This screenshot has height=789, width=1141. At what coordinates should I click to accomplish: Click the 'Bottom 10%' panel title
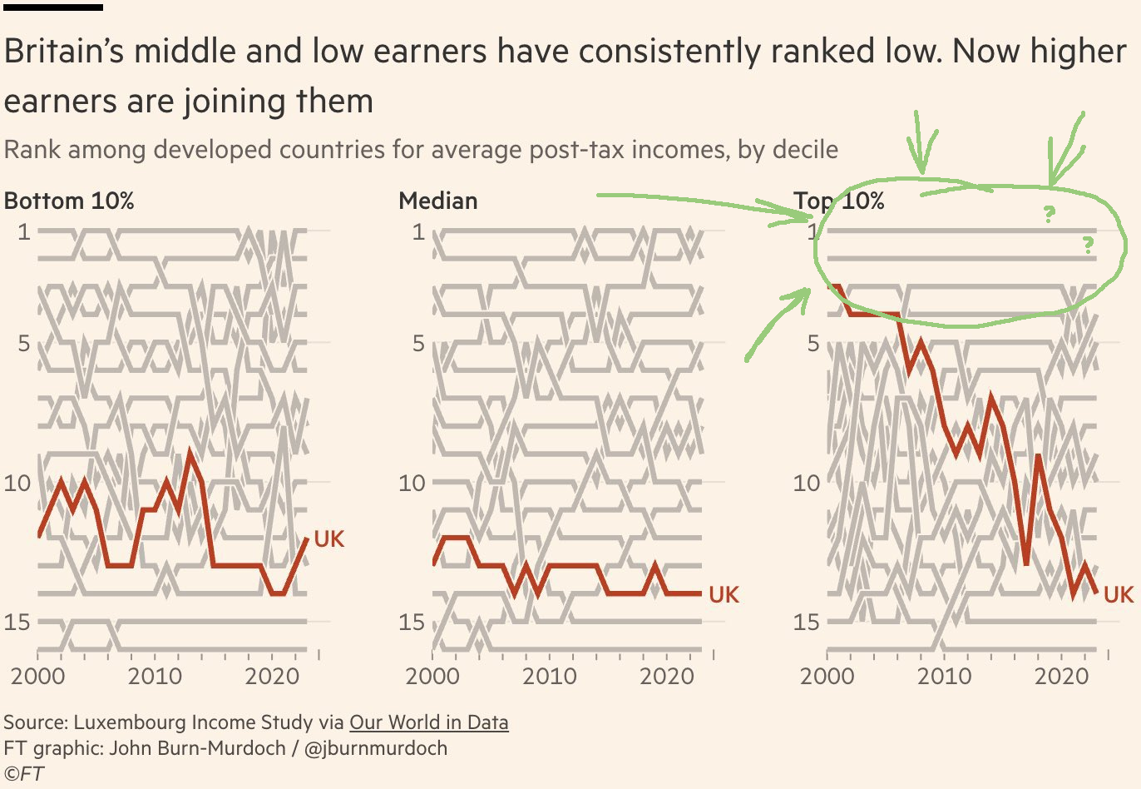click(x=69, y=201)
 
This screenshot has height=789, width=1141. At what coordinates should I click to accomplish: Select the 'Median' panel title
click(x=438, y=201)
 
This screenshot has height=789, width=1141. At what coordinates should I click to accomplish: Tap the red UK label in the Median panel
click(x=724, y=594)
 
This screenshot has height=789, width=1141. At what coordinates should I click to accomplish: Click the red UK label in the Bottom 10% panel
click(x=328, y=538)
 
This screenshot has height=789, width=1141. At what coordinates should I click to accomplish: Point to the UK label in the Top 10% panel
click(x=1119, y=594)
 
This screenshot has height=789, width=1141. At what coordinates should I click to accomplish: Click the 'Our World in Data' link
click(x=428, y=722)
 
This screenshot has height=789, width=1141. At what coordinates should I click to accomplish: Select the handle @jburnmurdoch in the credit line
click(x=376, y=747)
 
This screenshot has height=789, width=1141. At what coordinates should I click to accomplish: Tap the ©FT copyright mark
click(x=24, y=773)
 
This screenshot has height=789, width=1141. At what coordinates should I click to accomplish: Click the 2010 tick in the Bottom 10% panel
click(x=155, y=675)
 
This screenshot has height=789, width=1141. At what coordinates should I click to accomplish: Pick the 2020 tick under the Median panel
click(x=667, y=675)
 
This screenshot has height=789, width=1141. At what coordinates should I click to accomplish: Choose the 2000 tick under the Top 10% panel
click(x=827, y=675)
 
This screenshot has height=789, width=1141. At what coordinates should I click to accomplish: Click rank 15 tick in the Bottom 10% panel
click(x=17, y=622)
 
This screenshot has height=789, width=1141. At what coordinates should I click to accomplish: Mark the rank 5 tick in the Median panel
click(x=418, y=343)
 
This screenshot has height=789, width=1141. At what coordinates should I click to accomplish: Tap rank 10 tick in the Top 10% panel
click(x=806, y=483)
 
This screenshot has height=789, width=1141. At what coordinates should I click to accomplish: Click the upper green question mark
click(x=1050, y=215)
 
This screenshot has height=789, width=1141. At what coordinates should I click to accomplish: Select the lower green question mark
click(x=1087, y=245)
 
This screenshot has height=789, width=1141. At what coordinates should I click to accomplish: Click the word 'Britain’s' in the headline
click(x=63, y=52)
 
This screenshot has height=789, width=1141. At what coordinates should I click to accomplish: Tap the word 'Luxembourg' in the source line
click(x=129, y=722)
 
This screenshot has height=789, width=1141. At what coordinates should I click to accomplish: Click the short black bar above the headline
click(x=53, y=7)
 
